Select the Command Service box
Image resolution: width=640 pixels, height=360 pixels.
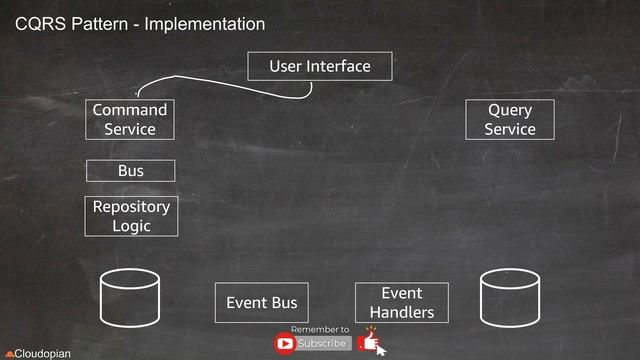coord(130,119)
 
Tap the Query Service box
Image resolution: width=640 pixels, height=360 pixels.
coord(510,119)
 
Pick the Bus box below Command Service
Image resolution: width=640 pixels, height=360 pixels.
coord(131,171)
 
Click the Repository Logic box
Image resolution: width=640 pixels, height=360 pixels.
coord(131,216)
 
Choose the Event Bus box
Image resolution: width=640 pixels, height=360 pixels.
coord(262,302)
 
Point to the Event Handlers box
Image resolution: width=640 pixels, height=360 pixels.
coord(402,302)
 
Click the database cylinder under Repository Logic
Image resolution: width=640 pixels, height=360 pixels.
coord(131,296)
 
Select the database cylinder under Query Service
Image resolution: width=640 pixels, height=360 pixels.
coord(510,296)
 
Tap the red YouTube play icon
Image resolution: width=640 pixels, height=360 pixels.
coord(285,344)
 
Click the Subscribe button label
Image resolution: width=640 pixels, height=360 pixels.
coord(322,344)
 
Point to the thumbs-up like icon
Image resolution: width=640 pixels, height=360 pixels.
coord(370,342)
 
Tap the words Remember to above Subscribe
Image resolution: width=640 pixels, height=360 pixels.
coord(320,329)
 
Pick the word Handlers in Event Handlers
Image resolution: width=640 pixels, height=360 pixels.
coord(402,312)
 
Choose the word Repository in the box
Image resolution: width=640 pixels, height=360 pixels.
coord(131,207)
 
